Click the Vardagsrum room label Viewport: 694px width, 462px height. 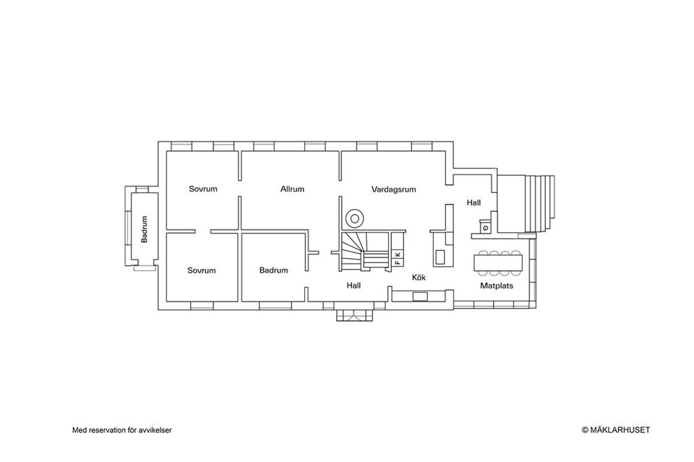pyautogui.click(x=393, y=189)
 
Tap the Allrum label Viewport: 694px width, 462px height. pyautogui.click(x=292, y=189)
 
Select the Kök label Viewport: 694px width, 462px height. pyautogui.click(x=419, y=277)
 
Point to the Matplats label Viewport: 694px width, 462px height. pyautogui.click(x=497, y=286)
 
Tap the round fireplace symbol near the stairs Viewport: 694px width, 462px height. pyautogui.click(x=354, y=218)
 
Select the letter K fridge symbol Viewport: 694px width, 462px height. pyautogui.click(x=398, y=254)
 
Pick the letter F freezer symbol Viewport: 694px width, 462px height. pyautogui.click(x=398, y=262)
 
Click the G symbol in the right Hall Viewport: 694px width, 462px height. pyautogui.click(x=486, y=228)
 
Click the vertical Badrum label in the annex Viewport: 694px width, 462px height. pyautogui.click(x=144, y=229)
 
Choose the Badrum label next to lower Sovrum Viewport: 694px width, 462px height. pyautogui.click(x=273, y=270)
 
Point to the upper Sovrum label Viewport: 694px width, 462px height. pyautogui.click(x=203, y=189)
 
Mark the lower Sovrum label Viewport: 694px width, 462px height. pyautogui.click(x=202, y=270)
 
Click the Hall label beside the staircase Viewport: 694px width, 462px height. pyautogui.click(x=354, y=286)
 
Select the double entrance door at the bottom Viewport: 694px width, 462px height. pyautogui.click(x=354, y=315)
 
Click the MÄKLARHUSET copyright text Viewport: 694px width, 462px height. pyautogui.click(x=616, y=429)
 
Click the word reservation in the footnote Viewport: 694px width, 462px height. pyautogui.click(x=106, y=430)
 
